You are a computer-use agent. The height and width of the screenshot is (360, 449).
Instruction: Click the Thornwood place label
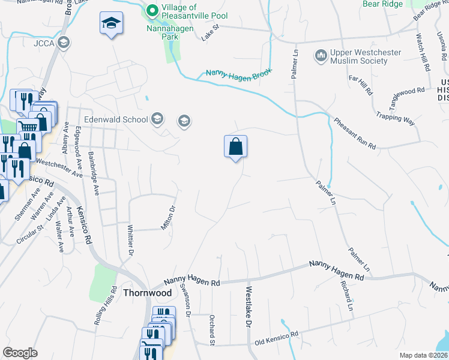143,293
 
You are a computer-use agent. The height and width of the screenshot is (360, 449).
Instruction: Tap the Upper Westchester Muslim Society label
366,57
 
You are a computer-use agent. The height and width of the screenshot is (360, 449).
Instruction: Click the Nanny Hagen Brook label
239,73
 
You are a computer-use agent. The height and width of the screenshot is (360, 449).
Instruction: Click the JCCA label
44,43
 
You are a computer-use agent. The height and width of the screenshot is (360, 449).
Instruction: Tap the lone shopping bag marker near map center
236,146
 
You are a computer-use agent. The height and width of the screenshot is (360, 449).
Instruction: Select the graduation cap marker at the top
111,23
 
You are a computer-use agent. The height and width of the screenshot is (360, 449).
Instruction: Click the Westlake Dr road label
247,307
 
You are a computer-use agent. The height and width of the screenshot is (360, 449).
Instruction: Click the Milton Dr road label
167,218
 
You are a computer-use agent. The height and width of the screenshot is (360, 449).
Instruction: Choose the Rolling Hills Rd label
106,305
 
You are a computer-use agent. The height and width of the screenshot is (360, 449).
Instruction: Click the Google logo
20,353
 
